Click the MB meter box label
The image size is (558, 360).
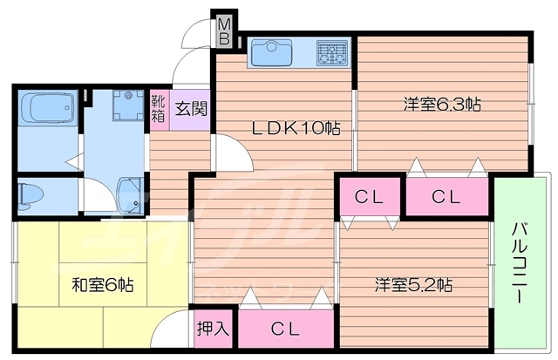tap(225, 31)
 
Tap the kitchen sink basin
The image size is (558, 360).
tap(272, 53)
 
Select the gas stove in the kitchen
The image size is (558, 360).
tap(332, 53)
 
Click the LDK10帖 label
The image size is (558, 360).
tap(296, 128)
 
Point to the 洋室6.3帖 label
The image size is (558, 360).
tap(442, 105)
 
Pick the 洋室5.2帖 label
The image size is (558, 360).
tap(413, 284)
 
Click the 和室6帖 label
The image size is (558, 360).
tap(103, 284)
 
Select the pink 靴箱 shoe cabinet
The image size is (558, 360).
tap(159, 110)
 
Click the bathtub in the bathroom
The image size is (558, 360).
tap(48, 108)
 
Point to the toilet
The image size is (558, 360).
tap(31, 195)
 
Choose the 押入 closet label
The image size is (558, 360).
tap(213, 329)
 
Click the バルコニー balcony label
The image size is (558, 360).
tap(520, 262)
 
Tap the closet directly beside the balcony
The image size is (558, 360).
tap(447, 196)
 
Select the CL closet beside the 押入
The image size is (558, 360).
tap(286, 329)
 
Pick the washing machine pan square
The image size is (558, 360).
tap(128, 106)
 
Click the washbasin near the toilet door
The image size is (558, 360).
tap(130, 195)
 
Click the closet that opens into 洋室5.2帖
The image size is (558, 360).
tap(370, 196)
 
